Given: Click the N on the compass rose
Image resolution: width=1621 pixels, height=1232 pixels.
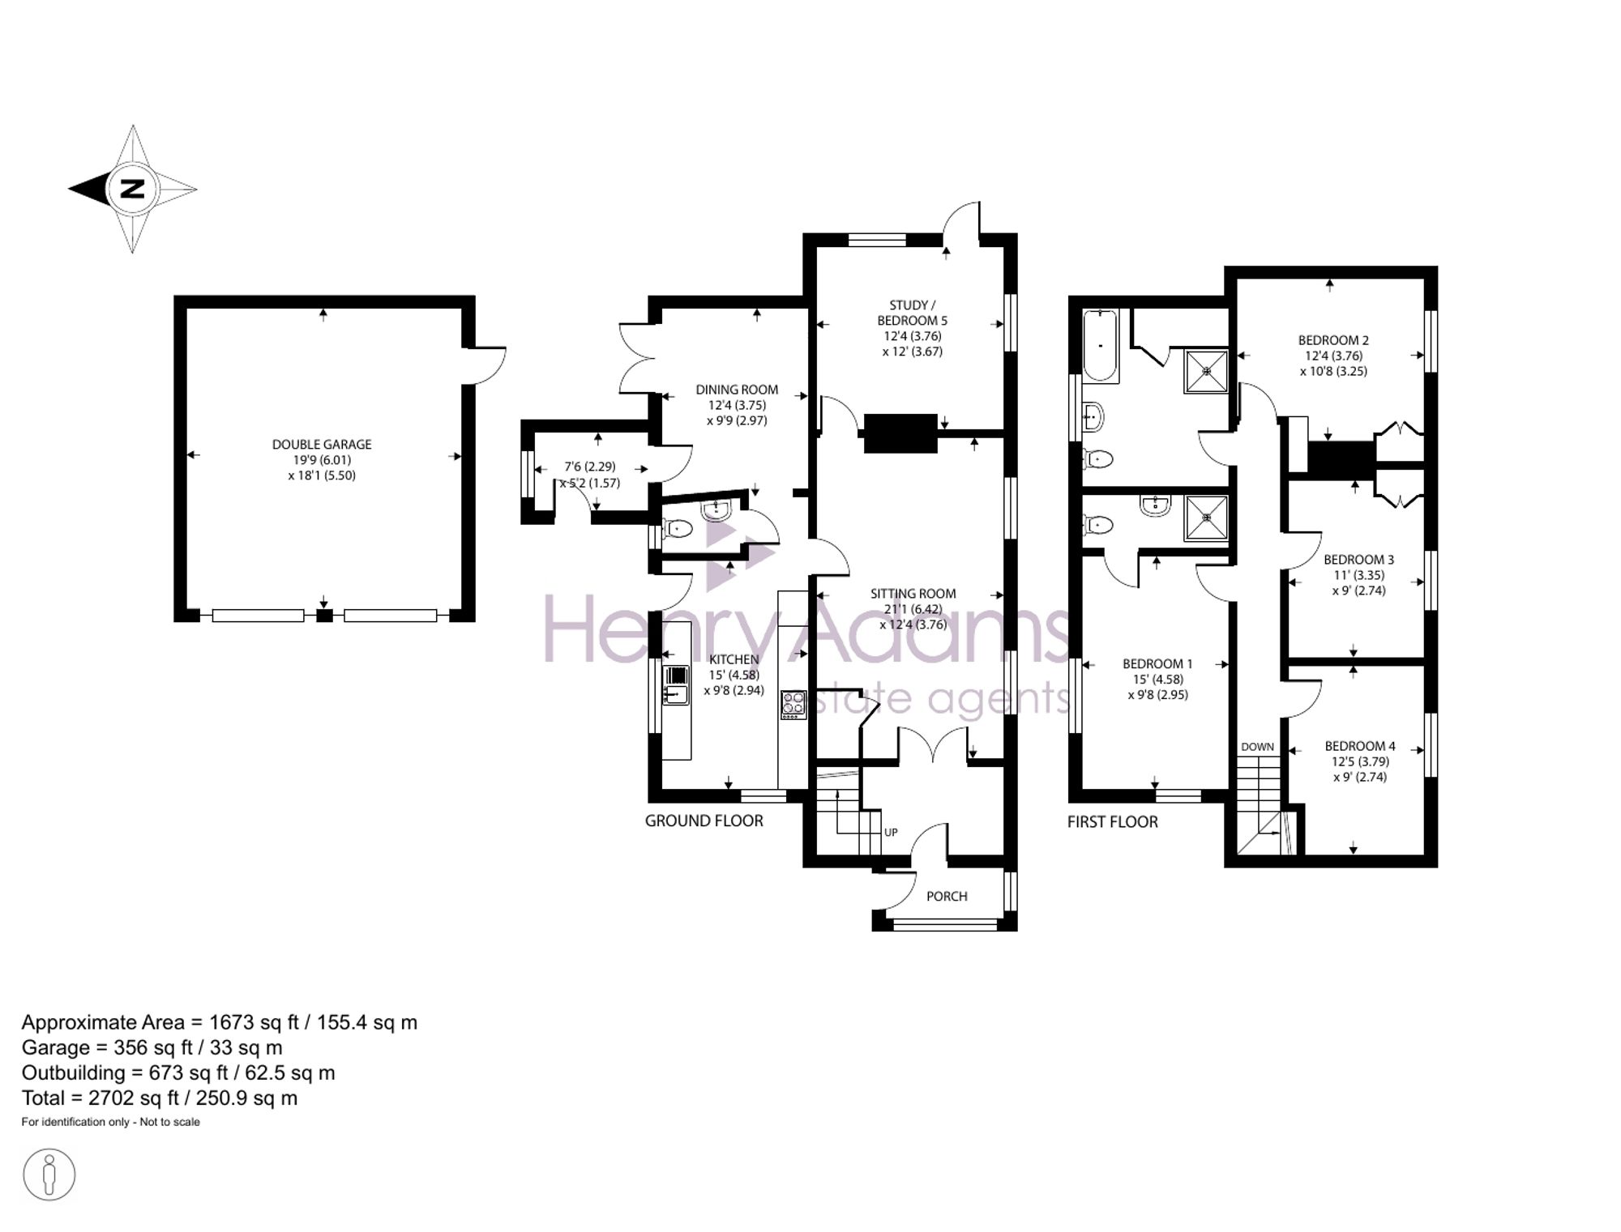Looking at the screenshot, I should tap(132, 189).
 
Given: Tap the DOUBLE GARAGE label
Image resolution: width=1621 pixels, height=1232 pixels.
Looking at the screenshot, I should tap(322, 445).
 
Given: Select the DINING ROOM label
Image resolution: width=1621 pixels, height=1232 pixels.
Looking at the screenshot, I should tap(736, 390).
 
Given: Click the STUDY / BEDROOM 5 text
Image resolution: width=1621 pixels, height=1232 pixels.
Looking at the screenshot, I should tap(912, 313).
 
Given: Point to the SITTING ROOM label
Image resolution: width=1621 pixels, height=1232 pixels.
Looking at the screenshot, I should tap(913, 594).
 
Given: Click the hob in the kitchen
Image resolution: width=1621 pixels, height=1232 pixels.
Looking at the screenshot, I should tap(793, 704).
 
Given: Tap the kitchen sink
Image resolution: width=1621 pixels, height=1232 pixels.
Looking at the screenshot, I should tap(675, 684).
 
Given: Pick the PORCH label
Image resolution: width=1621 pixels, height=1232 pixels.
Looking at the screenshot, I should tap(947, 896).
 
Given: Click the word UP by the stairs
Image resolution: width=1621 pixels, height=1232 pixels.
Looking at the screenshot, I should tap(891, 832).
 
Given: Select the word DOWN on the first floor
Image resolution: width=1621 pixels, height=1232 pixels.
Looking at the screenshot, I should tap(1257, 747).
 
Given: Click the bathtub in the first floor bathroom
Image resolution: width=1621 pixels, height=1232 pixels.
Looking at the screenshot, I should tap(1100, 345).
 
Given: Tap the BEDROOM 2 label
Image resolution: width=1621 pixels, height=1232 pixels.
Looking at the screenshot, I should tap(1333, 340).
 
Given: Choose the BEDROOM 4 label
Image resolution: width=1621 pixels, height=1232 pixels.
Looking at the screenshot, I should tap(1360, 746).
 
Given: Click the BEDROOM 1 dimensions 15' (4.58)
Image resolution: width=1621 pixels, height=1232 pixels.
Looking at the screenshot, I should tap(1157, 680).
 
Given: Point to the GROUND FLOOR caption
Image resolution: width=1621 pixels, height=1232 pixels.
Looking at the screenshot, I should tap(704, 821).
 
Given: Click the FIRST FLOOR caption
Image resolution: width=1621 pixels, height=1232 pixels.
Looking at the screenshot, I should tap(1112, 821).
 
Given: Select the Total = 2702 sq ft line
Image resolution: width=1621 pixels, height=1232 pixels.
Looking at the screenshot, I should tap(160, 1098).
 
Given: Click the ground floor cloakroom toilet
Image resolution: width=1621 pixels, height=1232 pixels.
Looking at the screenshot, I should tap(678, 529).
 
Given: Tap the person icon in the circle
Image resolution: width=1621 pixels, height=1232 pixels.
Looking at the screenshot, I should tap(49, 1174).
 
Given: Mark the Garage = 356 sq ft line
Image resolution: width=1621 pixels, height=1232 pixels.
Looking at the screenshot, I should tap(152, 1047).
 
